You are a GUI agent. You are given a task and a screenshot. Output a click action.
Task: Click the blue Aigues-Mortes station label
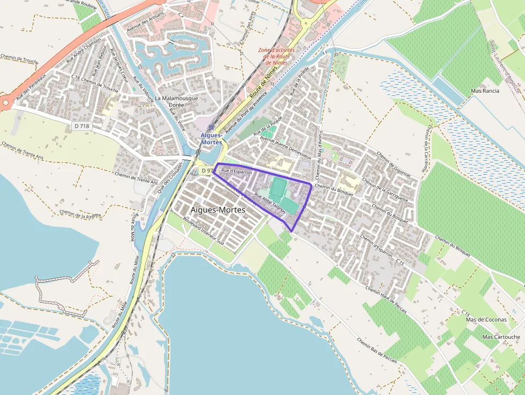coord(211,139)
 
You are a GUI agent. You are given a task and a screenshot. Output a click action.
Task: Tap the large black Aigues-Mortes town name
coord(218,210)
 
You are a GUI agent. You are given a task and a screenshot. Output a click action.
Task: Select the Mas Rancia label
coord(484,91)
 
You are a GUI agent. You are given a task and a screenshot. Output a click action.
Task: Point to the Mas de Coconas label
coord(486,320)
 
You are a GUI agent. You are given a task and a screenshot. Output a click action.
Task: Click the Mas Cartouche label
coord(501,337)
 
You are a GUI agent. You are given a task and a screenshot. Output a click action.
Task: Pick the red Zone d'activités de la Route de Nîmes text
coord(276,56)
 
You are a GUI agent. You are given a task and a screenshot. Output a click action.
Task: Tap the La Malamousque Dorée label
coord(176,102)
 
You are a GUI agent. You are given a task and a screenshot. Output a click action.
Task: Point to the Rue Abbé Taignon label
coord(269,203)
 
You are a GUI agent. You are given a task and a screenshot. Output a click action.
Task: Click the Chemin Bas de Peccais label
coord(377,351)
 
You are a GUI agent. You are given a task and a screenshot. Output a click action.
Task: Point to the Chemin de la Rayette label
coord(80,215)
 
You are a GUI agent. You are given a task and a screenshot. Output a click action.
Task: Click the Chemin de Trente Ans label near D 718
coord(136,178)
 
